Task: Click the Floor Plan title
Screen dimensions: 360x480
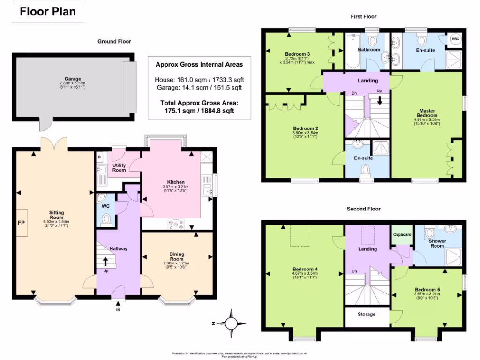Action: (x=48, y=11)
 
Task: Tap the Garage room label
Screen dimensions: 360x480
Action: (x=73, y=79)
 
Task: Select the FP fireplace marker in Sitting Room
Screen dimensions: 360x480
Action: (x=21, y=223)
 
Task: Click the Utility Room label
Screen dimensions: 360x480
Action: (x=119, y=167)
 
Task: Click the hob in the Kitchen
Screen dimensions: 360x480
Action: (x=176, y=225)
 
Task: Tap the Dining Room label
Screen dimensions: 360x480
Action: (x=176, y=256)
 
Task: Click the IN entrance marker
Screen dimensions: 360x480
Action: (x=118, y=310)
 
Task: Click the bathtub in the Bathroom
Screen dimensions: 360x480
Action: (x=352, y=53)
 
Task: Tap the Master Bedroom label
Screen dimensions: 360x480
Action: (x=427, y=113)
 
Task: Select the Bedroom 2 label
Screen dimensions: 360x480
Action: (x=306, y=128)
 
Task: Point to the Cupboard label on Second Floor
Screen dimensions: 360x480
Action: (x=402, y=234)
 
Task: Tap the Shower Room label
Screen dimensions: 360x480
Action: (x=437, y=243)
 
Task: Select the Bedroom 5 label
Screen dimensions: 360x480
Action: (x=427, y=289)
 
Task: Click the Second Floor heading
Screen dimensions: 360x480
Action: (x=363, y=209)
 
